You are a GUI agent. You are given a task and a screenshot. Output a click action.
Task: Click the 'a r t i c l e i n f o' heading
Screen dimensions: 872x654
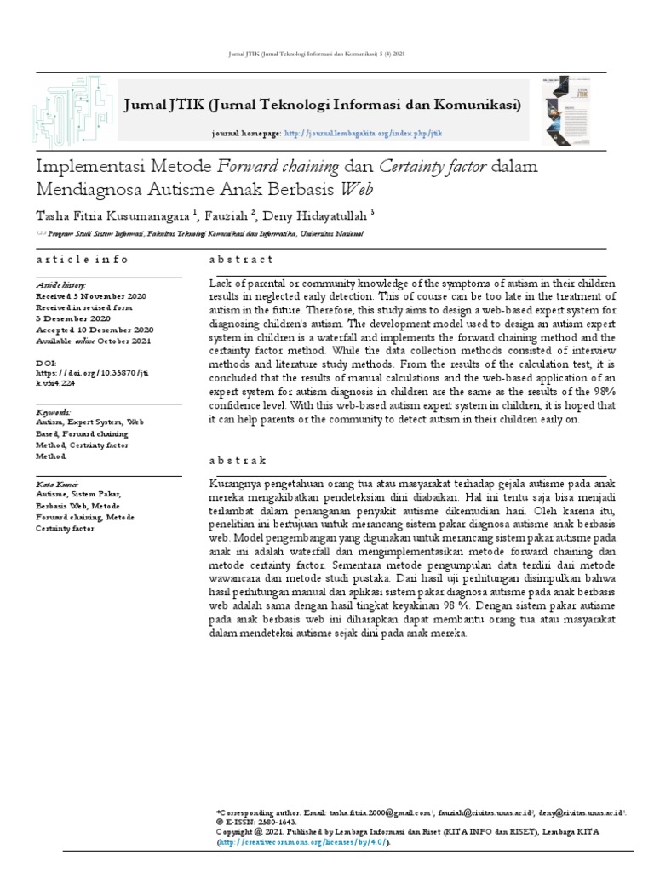pos(82,259)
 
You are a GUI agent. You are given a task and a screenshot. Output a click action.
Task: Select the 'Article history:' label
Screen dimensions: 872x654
pos(60,284)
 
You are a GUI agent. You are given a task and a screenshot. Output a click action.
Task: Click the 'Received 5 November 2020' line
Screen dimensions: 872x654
pos(89,295)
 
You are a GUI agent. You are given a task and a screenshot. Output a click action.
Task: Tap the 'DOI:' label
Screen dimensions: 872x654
pos(46,363)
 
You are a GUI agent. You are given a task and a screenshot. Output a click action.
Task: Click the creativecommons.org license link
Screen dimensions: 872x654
pos(303,842)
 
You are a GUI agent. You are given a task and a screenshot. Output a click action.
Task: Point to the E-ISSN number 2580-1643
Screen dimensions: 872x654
pos(272,822)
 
